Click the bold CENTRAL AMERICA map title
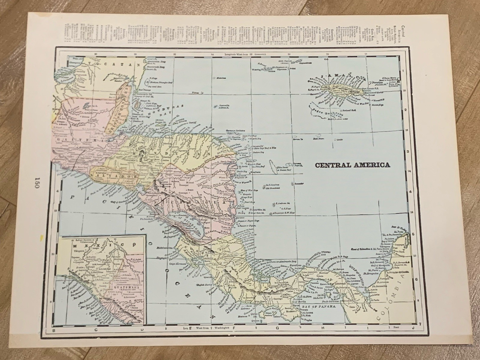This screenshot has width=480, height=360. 352,165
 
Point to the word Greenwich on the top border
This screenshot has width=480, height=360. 258,54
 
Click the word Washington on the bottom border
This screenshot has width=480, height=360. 221,328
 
